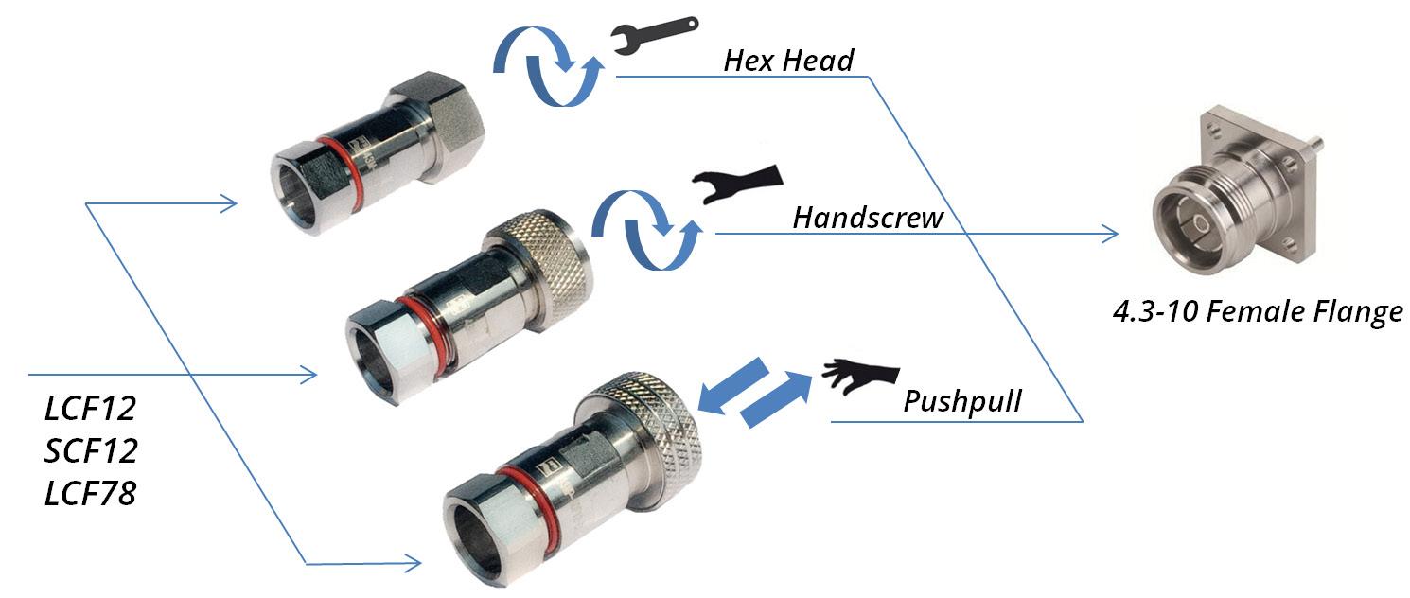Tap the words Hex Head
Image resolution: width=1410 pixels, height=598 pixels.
788,62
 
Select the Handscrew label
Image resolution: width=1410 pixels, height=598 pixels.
868,219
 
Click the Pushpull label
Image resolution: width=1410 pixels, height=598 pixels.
962,401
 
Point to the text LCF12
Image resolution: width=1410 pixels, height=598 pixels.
91,409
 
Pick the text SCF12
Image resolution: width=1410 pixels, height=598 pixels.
91,451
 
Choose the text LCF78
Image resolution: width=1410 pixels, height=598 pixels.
91,493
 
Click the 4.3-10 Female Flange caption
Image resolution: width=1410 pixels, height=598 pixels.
1258,311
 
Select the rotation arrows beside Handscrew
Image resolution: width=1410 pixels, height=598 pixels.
648,228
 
